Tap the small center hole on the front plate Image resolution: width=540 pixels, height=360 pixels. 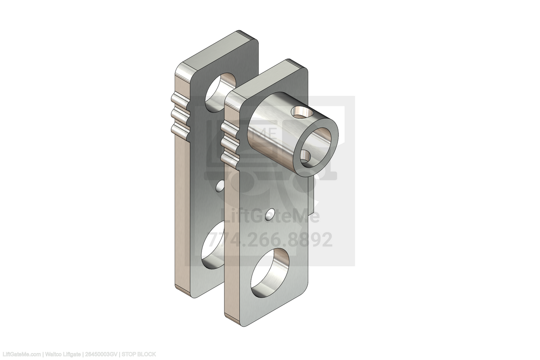270,215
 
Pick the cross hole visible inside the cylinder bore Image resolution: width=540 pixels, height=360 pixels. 306,156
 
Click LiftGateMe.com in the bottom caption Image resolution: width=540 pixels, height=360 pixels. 20,355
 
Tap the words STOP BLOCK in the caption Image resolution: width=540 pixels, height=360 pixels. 139,355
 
